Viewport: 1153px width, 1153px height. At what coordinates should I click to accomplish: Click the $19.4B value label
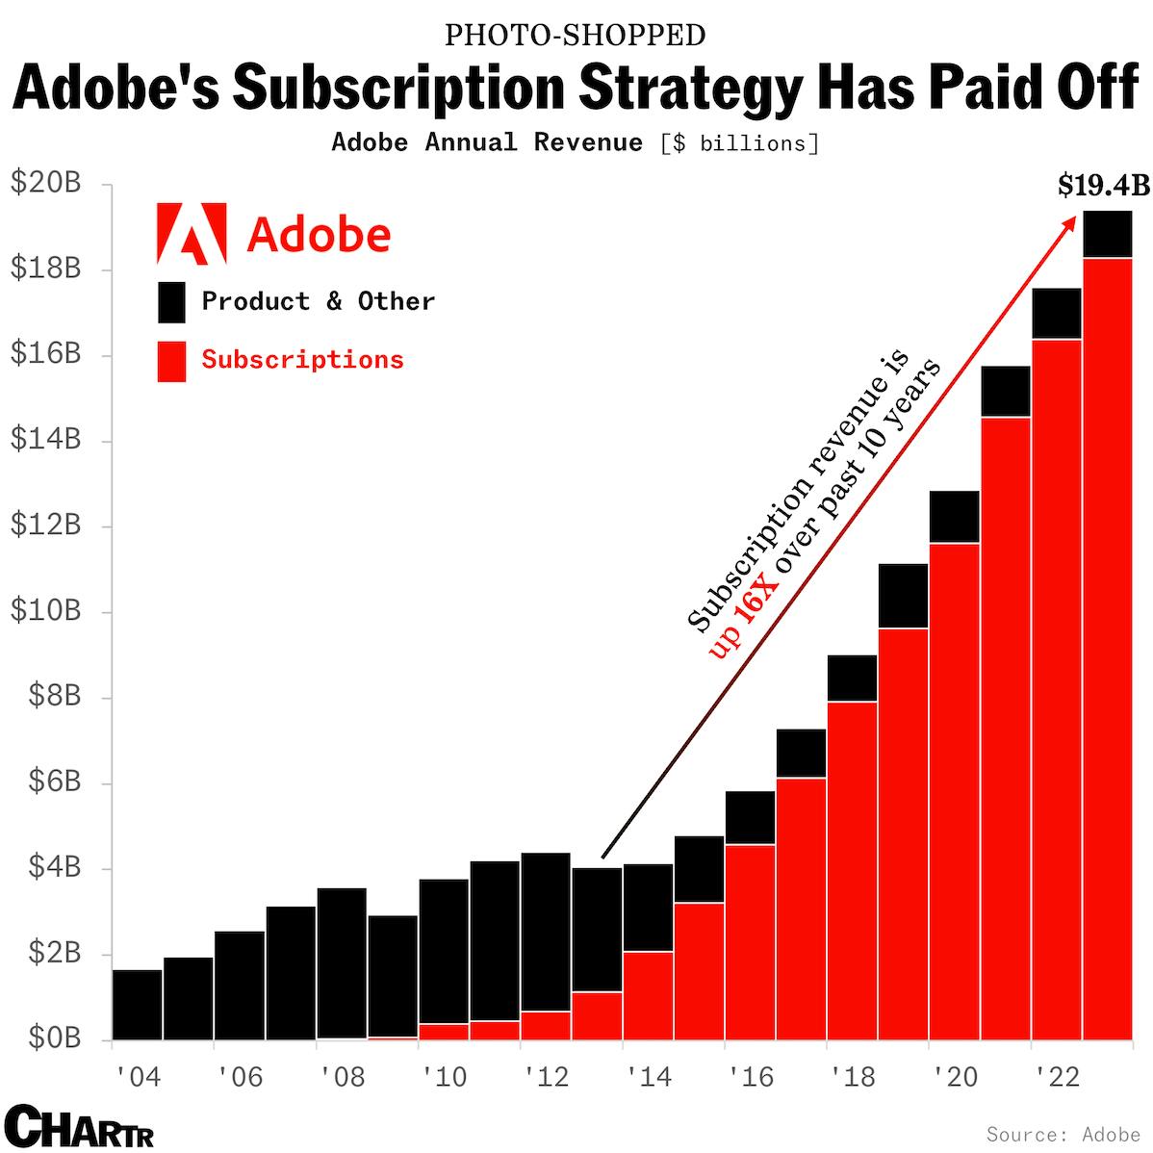click(1103, 185)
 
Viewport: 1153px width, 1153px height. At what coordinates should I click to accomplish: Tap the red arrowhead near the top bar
click(1070, 222)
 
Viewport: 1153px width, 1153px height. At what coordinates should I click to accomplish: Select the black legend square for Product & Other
click(171, 302)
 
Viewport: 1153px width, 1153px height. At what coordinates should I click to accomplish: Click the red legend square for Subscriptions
click(171, 361)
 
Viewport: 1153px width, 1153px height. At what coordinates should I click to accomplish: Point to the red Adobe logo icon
click(192, 234)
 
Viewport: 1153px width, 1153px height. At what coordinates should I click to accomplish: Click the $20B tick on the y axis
click(45, 183)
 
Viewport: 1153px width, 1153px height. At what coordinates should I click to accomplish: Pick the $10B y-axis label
click(45, 610)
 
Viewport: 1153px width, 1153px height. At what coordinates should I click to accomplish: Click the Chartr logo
click(79, 1127)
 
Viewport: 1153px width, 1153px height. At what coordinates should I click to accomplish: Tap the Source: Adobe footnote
click(1063, 1135)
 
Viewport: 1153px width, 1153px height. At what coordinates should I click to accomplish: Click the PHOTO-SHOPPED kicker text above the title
click(576, 36)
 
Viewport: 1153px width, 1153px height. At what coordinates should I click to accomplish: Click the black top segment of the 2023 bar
click(1107, 234)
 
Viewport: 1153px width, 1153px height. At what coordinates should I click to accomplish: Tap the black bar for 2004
click(137, 1005)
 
